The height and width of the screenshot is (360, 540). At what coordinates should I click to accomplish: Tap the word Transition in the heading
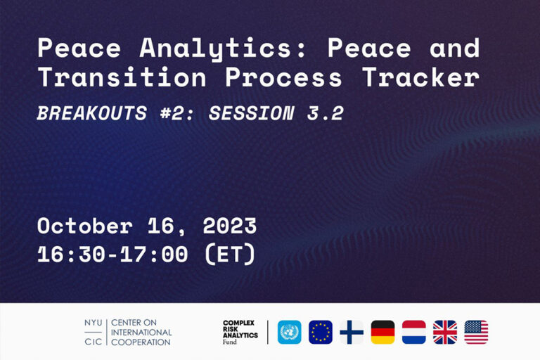(122, 77)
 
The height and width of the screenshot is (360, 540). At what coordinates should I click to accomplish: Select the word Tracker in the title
(420, 77)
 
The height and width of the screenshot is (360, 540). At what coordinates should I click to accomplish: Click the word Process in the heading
(283, 77)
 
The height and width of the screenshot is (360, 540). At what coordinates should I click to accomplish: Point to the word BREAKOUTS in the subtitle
(92, 113)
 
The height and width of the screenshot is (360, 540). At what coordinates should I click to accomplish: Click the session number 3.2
(325, 113)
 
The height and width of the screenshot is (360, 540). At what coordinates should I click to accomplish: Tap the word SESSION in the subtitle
(252, 113)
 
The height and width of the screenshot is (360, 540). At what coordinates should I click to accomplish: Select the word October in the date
(84, 226)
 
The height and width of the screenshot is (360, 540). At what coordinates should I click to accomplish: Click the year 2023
(230, 226)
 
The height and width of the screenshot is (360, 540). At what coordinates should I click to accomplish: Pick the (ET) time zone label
(230, 255)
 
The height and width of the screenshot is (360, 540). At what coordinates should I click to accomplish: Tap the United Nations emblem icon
(289, 332)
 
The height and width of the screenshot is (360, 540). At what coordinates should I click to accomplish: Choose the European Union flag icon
(321, 332)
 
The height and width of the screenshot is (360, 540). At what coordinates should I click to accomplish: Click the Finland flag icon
(352, 332)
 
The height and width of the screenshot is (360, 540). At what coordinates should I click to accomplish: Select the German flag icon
(382, 332)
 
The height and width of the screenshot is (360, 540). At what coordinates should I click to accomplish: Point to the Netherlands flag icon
(414, 332)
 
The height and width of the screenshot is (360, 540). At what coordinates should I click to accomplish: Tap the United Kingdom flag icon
(445, 332)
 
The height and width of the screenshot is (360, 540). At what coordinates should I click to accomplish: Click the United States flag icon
(476, 332)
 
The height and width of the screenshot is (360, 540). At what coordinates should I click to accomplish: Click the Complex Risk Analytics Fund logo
(240, 332)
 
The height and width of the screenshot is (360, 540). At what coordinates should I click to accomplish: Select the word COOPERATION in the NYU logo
(141, 342)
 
